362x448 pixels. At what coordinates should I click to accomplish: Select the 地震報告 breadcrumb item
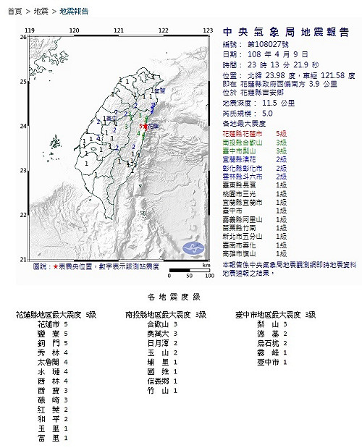click(74, 12)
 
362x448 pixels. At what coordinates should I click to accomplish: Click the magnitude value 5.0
click(269, 114)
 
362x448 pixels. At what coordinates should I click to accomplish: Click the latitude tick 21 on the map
click(22, 260)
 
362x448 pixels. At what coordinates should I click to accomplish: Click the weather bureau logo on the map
click(193, 248)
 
